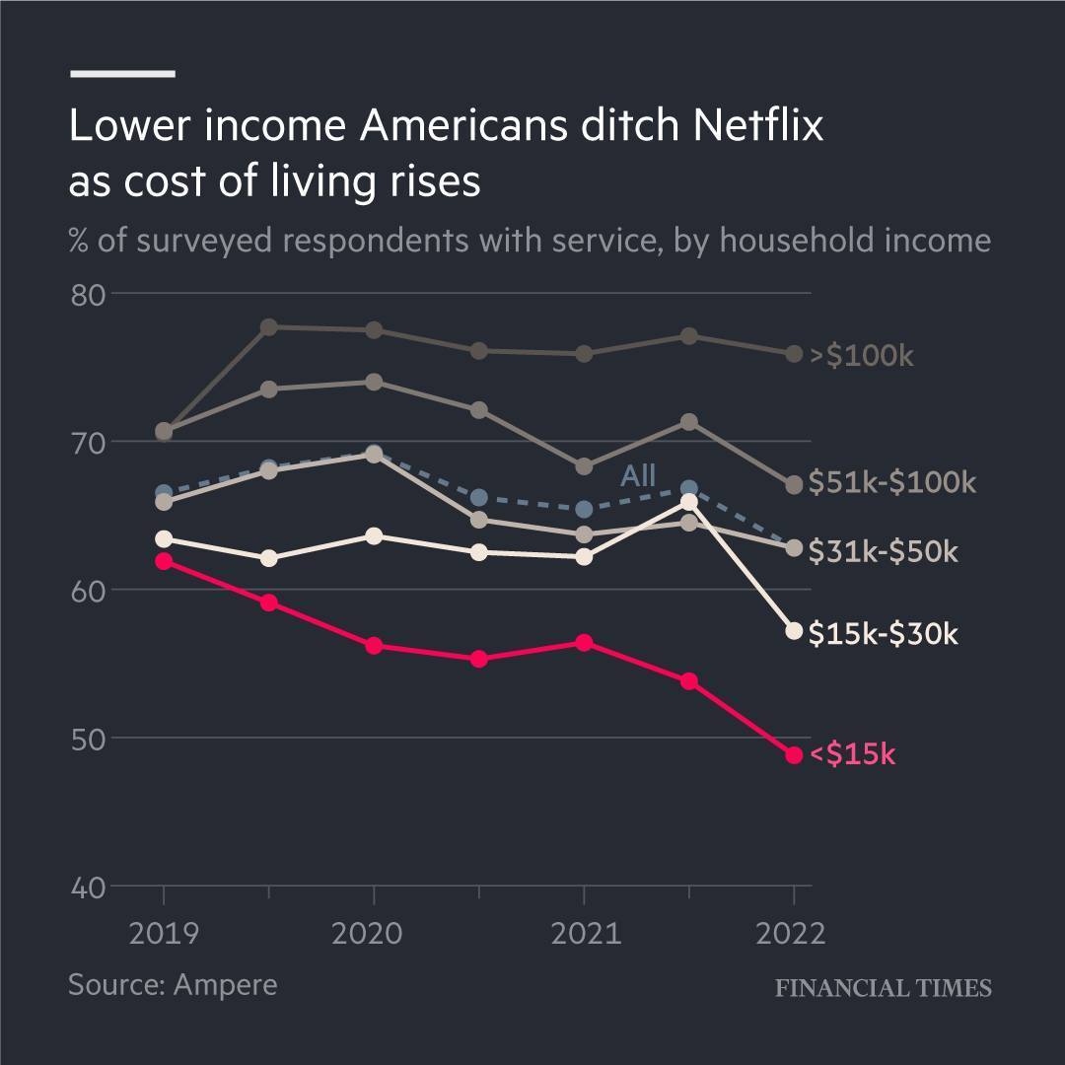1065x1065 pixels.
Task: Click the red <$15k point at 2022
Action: point(794,755)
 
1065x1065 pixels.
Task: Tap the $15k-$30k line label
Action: point(883,633)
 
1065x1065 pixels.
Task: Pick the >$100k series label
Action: point(862,356)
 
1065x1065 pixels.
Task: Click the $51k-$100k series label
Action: point(892,482)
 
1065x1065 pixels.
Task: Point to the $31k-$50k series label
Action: point(883,552)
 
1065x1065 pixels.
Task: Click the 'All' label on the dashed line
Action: point(638,476)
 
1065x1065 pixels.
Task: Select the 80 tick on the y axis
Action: point(88,295)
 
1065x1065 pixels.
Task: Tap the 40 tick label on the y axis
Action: point(88,887)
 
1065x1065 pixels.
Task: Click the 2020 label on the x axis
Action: point(367,933)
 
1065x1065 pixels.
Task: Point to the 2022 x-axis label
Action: point(790,933)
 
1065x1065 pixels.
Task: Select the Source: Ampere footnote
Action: point(173,984)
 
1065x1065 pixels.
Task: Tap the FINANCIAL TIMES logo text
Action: point(883,988)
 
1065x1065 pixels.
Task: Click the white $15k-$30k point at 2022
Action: point(794,631)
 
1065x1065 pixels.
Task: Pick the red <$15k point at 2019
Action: point(164,561)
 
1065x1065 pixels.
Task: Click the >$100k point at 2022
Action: point(794,354)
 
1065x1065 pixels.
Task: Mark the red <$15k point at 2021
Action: point(584,643)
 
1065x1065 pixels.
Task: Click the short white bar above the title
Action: point(122,73)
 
